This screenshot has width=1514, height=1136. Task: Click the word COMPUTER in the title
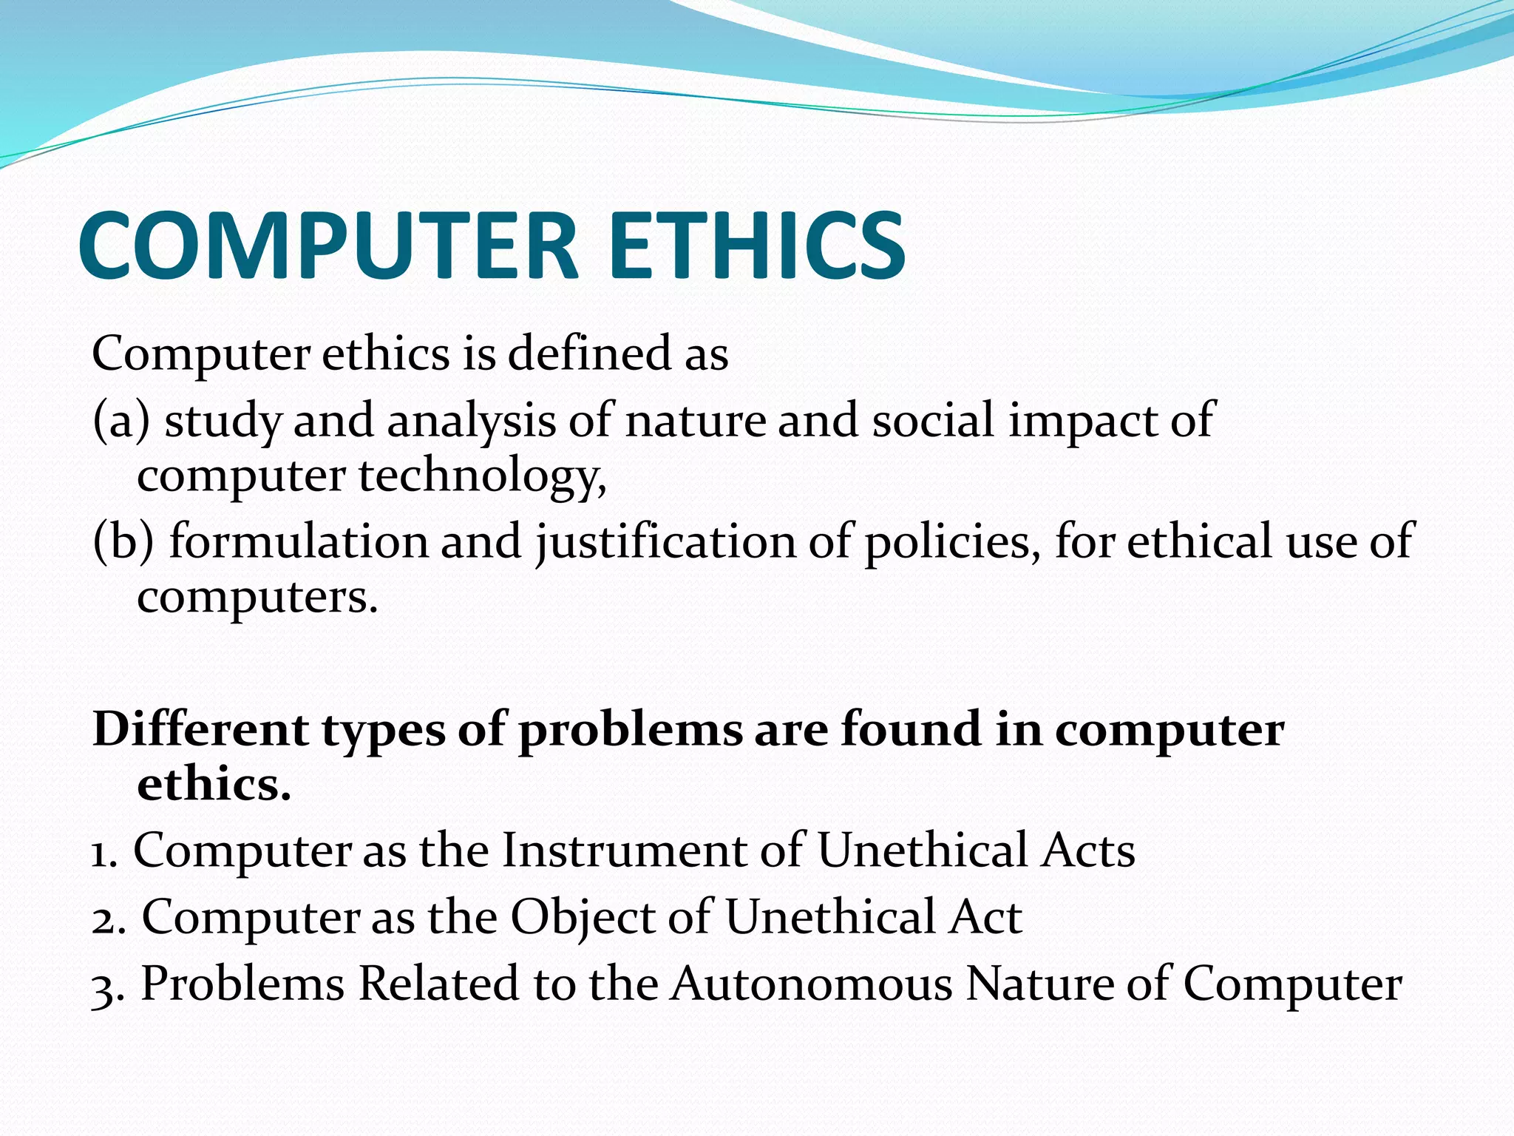click(x=327, y=246)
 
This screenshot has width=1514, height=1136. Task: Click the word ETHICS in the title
click(x=757, y=246)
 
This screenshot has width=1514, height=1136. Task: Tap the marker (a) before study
click(x=121, y=420)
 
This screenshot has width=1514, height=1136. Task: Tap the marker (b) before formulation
click(x=123, y=540)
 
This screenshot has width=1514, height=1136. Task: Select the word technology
click(x=482, y=476)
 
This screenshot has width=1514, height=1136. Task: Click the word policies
click(x=947, y=541)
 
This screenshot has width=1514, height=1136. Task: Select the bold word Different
click(x=200, y=728)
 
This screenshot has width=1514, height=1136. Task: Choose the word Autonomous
click(x=811, y=984)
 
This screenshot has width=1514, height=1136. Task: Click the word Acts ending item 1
click(x=1087, y=851)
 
